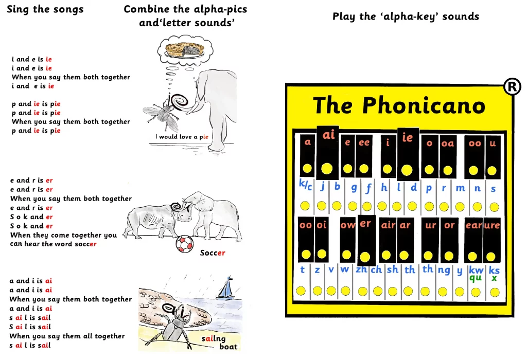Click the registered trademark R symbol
[x=512, y=86]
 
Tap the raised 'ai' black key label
[x=329, y=135]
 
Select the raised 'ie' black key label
[x=408, y=137]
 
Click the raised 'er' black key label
[x=365, y=223]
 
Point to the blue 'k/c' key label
[x=306, y=185]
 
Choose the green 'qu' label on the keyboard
[x=476, y=278]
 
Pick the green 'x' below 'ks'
[x=494, y=278]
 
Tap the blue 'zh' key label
[x=362, y=269]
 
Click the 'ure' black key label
[x=492, y=225]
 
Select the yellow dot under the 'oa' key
[x=448, y=170]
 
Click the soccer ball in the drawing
[x=185, y=244]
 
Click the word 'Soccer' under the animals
[x=213, y=253]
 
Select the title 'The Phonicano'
[x=399, y=105]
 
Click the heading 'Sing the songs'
[x=45, y=9]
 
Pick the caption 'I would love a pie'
[x=182, y=137]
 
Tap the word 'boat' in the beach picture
[x=228, y=347]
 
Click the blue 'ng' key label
[x=444, y=270]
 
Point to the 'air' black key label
[x=388, y=225]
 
